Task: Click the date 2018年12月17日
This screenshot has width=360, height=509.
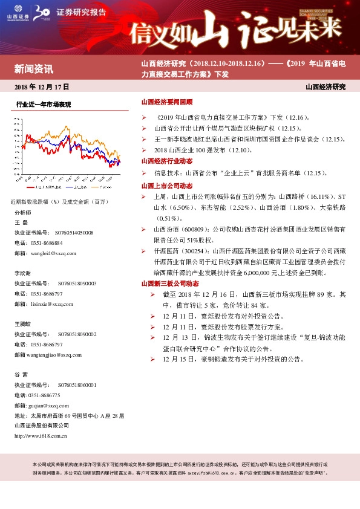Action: [x=42, y=87]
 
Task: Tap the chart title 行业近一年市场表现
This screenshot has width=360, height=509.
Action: [x=44, y=105]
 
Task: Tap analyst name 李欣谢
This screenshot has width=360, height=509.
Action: [x=23, y=273]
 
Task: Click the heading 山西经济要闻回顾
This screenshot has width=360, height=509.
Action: [x=166, y=103]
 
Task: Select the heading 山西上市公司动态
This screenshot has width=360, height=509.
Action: [x=166, y=186]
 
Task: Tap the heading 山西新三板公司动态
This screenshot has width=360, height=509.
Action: [x=170, y=283]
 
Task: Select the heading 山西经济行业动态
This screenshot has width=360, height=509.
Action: [x=166, y=161]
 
